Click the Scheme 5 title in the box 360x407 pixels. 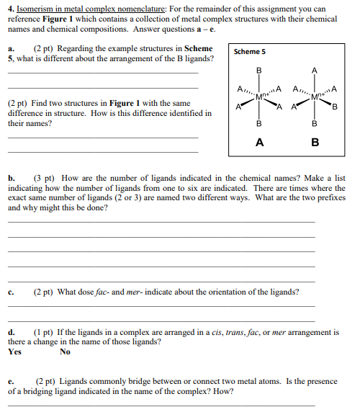[251, 52]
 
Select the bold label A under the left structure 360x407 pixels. [258, 143]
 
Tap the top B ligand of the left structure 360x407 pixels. [258, 70]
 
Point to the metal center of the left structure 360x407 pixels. [259, 97]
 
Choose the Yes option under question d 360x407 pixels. [14, 352]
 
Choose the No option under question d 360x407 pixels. [66, 352]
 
